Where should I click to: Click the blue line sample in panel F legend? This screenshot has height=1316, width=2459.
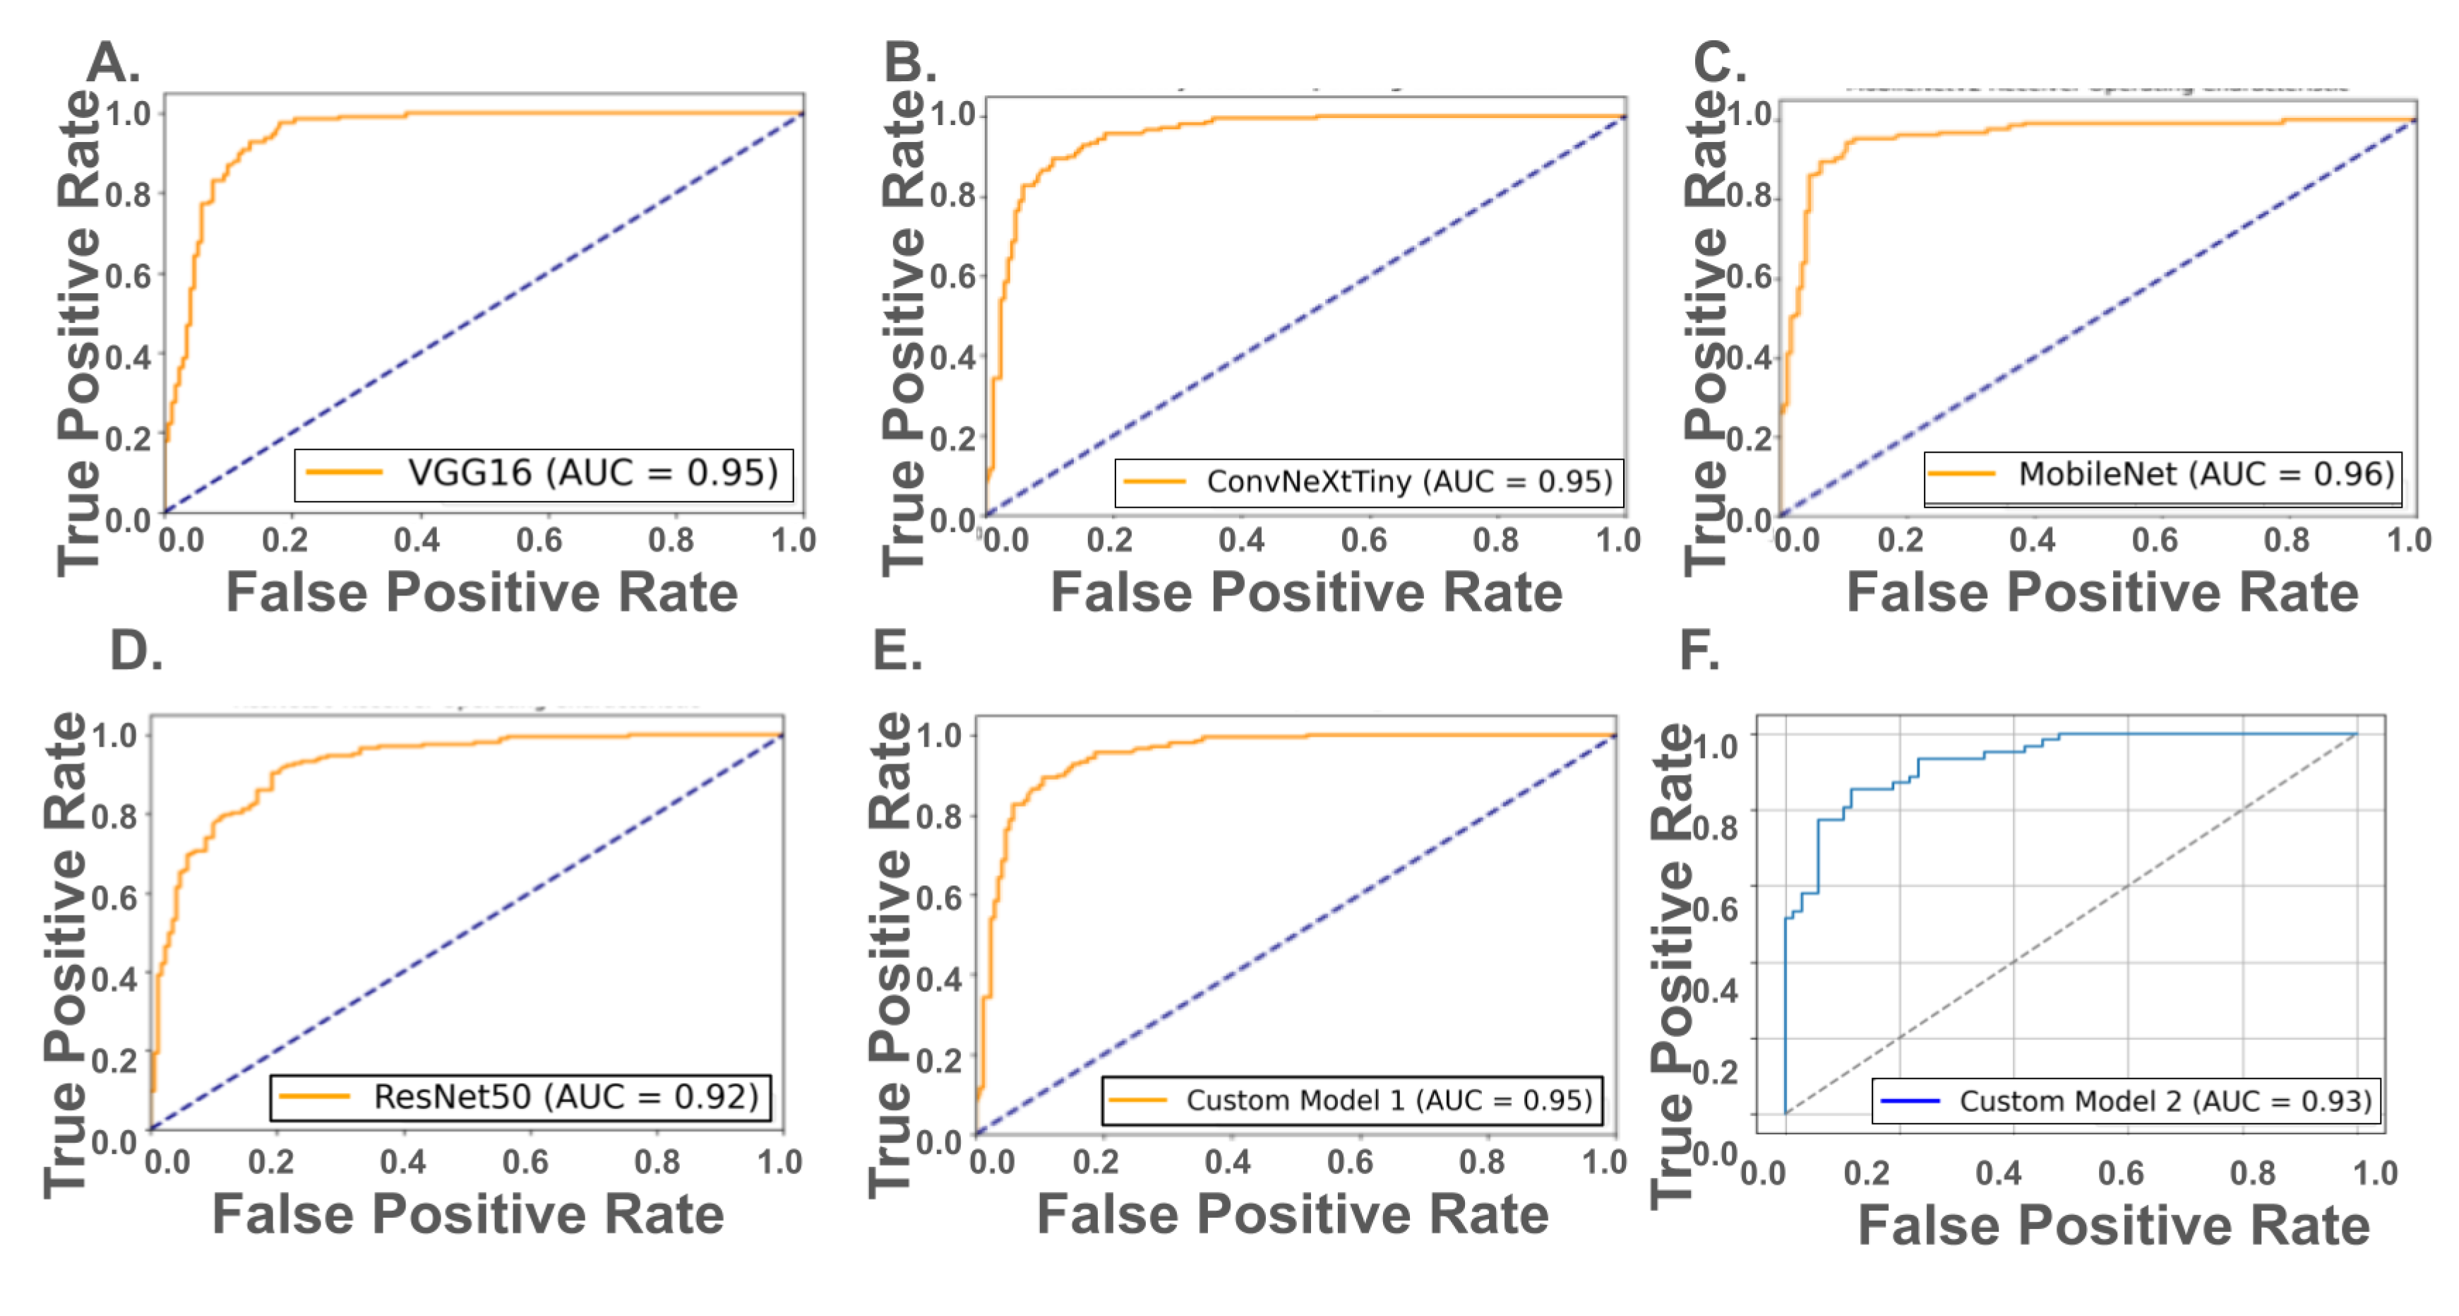(1909, 1102)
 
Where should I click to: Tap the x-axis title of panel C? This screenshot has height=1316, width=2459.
(2102, 593)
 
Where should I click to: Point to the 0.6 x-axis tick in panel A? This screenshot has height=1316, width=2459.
(539, 540)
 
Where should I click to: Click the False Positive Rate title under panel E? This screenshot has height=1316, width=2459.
(1293, 1216)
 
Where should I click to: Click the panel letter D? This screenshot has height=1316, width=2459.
(136, 651)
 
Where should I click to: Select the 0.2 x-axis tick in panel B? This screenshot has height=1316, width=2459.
(1109, 540)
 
